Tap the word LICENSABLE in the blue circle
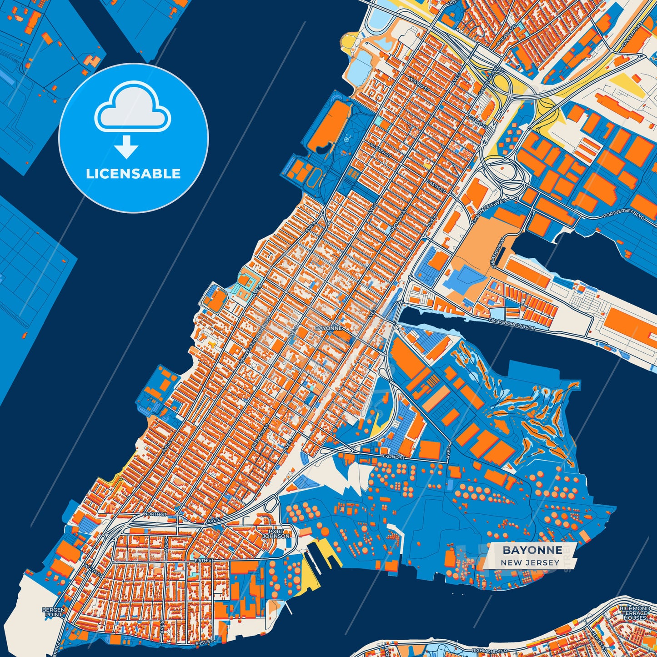[x=133, y=174]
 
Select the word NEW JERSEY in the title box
[x=530, y=562]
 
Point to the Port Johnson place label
[x=276, y=533]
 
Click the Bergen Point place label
[x=53, y=612]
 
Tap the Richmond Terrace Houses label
[x=635, y=613]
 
